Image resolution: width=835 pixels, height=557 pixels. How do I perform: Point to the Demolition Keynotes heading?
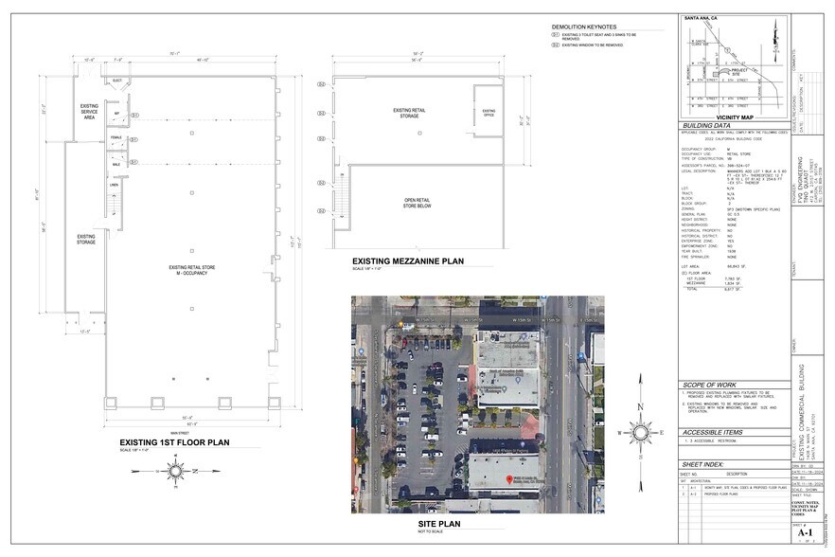tap(584, 27)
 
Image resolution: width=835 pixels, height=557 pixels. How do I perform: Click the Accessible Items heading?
tap(712, 432)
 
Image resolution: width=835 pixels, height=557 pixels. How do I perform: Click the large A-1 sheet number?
tap(806, 533)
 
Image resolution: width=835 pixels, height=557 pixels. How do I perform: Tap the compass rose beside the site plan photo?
tap(640, 433)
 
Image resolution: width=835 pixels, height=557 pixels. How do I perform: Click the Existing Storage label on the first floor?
tap(86, 239)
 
